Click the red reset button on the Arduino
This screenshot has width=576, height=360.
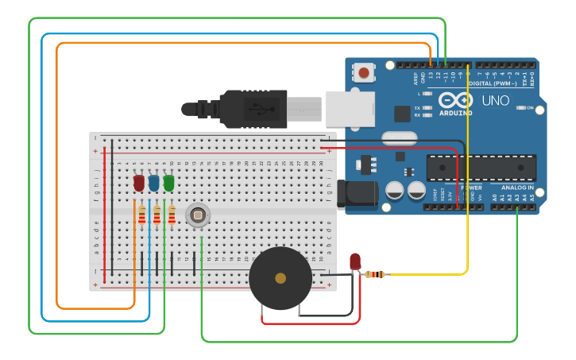(364, 73)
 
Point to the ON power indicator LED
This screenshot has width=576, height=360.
(522, 107)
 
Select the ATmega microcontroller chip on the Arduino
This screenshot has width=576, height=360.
(481, 168)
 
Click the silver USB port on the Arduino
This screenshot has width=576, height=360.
(349, 108)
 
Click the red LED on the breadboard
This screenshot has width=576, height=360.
(139, 183)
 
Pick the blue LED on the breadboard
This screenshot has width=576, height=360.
(153, 183)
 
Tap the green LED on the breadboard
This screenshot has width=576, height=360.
(168, 183)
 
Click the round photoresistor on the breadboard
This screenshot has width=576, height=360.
(197, 215)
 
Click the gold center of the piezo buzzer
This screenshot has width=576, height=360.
(280, 278)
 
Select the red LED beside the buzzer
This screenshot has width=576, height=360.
(354, 261)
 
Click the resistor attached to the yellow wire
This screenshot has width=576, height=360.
(375, 274)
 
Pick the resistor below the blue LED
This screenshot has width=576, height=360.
(157, 215)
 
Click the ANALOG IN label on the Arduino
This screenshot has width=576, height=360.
(517, 188)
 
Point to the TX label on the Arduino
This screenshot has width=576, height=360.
(417, 107)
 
